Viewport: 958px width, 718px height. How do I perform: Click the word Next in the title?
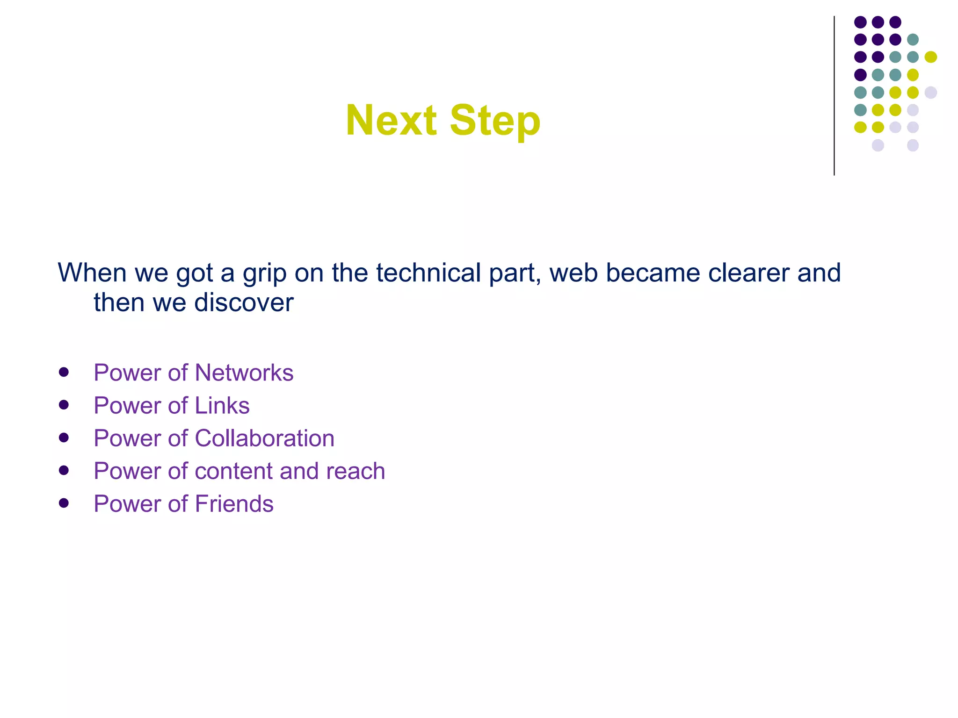[x=391, y=121]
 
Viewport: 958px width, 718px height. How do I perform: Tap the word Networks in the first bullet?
[x=244, y=373]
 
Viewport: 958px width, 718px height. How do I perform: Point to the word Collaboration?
[x=264, y=438]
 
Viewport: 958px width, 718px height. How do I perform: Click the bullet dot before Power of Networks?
[x=64, y=372]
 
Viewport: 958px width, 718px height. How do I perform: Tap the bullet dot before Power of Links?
[x=64, y=405]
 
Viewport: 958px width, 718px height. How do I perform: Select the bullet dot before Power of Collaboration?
[x=64, y=438]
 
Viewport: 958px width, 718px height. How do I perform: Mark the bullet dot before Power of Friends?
[x=64, y=503]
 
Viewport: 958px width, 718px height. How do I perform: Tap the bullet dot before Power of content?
[x=64, y=470]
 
